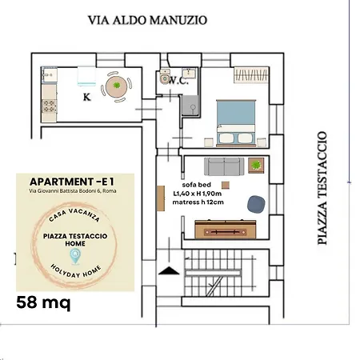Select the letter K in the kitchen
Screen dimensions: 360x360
coord(86,97)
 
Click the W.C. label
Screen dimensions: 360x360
coord(178,80)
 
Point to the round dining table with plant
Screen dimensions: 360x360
coord(117,87)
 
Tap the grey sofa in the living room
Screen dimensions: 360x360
coord(225,166)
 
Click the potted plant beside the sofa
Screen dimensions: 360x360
coord(256,166)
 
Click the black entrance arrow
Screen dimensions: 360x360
coord(169,271)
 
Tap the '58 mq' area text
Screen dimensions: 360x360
coord(43,302)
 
